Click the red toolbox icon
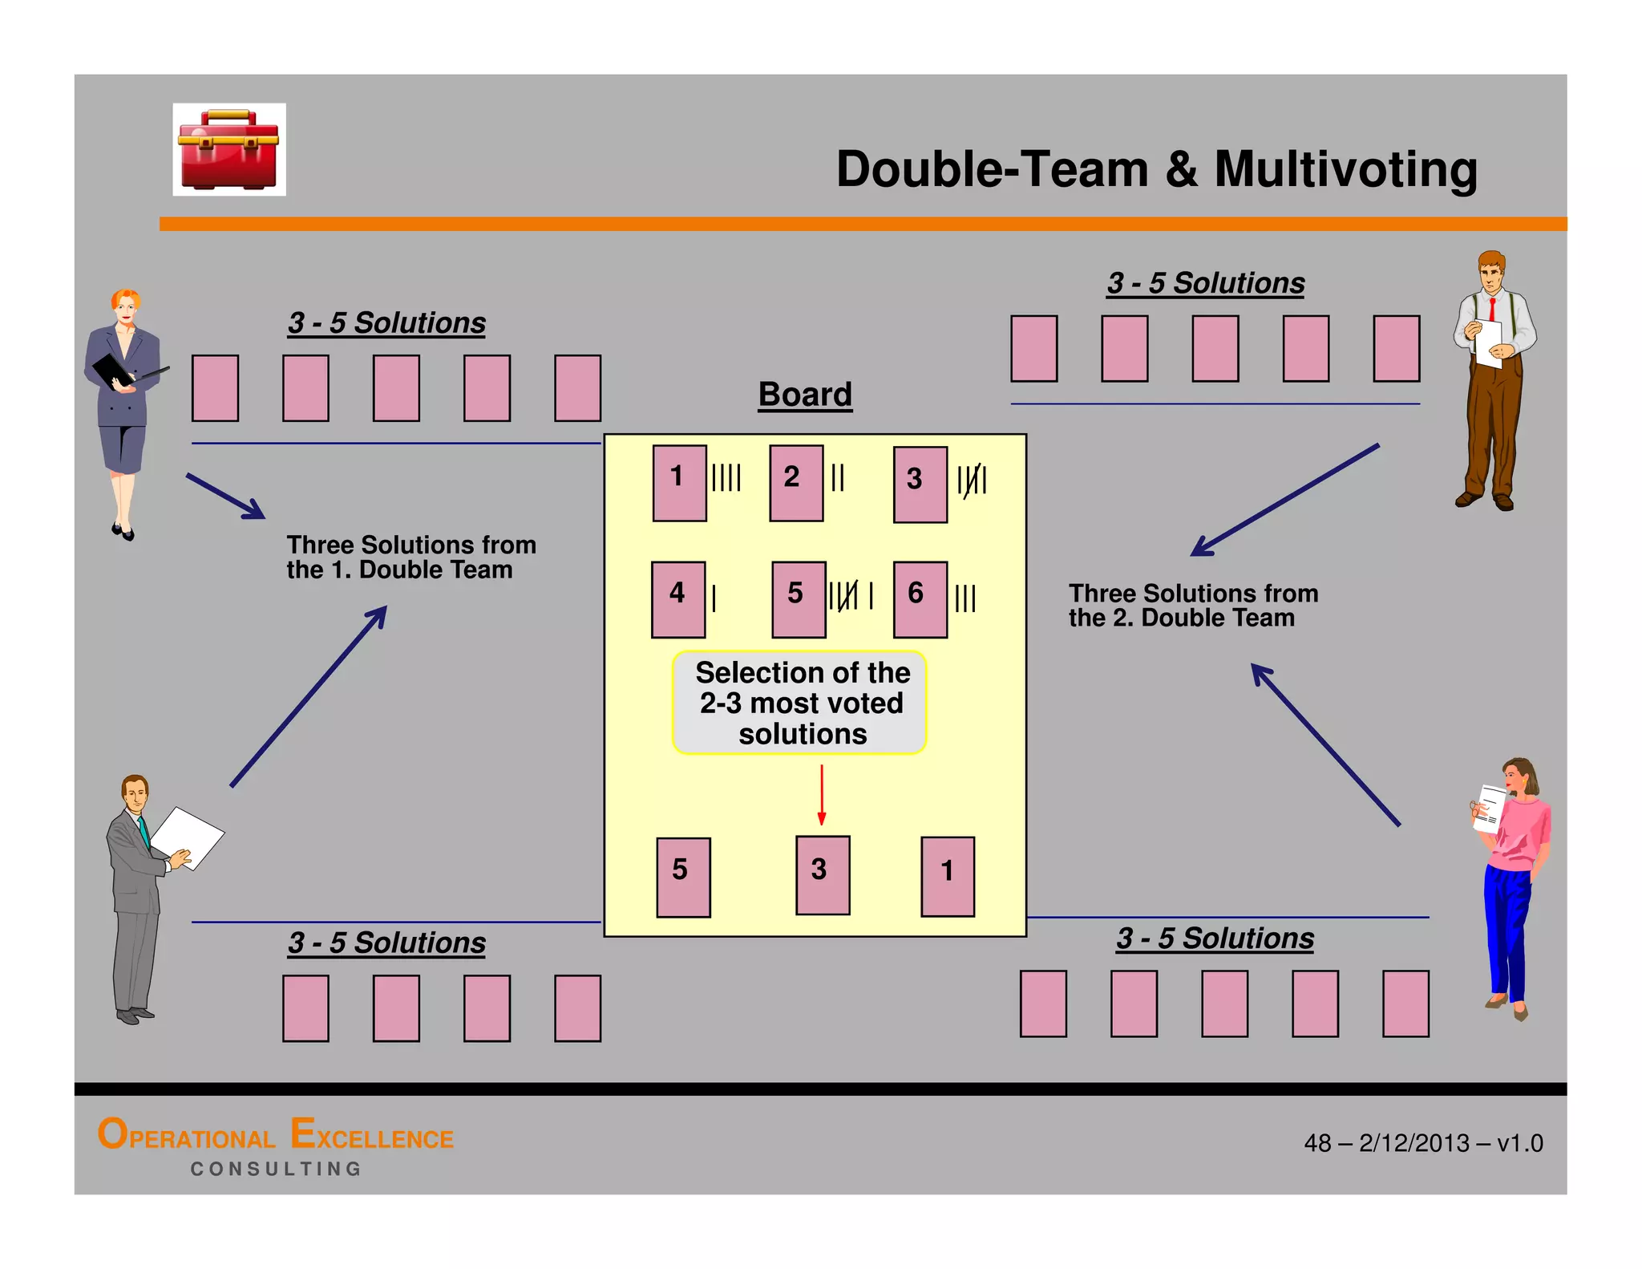[229, 150]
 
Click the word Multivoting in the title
[1345, 169]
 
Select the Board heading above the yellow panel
[805, 395]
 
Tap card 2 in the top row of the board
[796, 483]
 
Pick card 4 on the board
[678, 599]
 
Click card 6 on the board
[920, 599]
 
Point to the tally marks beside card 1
[726, 477]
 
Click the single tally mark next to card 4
[714, 598]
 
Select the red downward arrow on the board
[821, 795]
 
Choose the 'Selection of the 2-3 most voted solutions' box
[799, 703]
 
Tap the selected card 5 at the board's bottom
[683, 877]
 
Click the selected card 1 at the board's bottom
[948, 876]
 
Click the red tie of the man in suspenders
[1492, 309]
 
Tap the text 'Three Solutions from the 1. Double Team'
[411, 557]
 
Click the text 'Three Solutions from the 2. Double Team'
[1193, 605]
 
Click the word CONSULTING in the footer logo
[276, 1169]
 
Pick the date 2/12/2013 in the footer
[1414, 1142]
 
